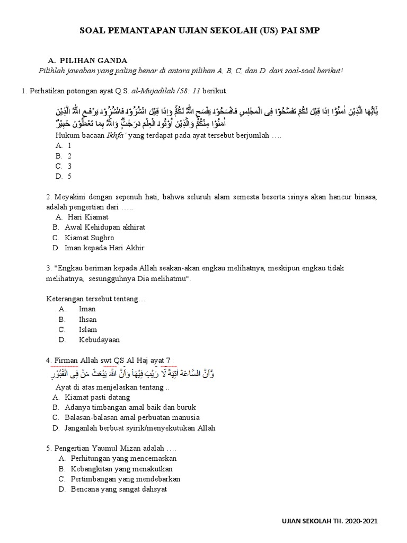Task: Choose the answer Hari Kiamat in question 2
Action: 88,217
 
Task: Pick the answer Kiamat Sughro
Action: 89,238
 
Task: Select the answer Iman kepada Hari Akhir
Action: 104,248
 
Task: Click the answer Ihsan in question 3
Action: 87,319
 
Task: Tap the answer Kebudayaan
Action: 99,339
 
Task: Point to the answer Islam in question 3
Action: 87,329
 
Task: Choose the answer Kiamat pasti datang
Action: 97,397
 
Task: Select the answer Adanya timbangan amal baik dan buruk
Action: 130,407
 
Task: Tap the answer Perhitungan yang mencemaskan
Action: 123,458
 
